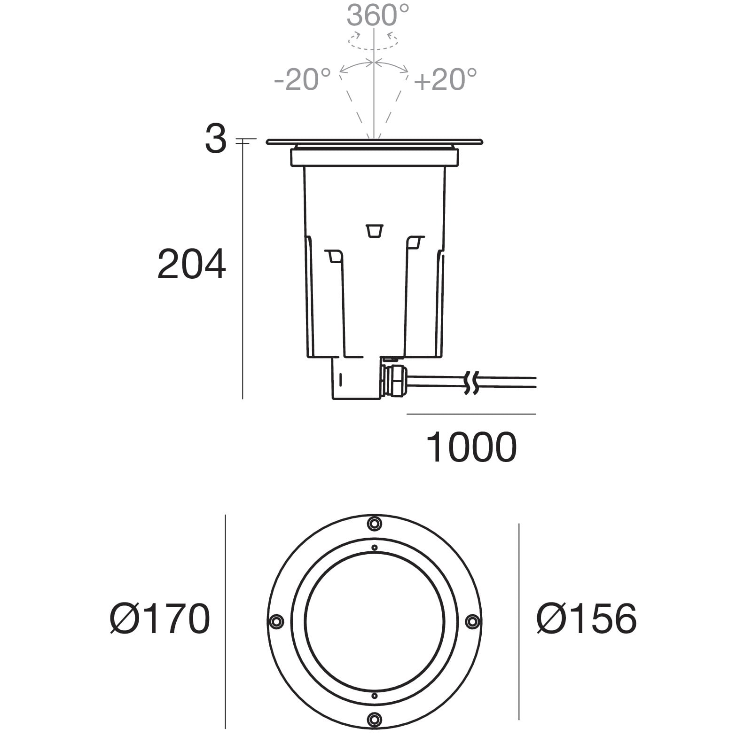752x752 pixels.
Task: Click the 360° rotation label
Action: click(x=378, y=15)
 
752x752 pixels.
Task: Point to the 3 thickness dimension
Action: click(x=216, y=140)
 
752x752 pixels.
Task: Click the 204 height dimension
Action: click(x=191, y=265)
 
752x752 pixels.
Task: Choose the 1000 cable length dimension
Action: click(x=471, y=447)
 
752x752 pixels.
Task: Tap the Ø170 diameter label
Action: click(x=160, y=619)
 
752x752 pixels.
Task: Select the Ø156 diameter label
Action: click(x=587, y=619)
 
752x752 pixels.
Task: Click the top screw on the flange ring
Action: click(x=375, y=523)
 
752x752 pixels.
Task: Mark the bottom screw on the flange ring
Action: click(x=375, y=719)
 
